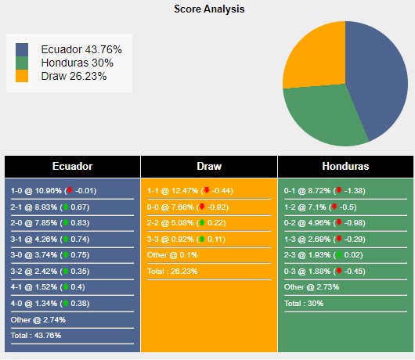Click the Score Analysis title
[208, 9]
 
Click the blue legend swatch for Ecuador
[22, 49]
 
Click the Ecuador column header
[72, 167]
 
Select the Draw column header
[209, 167]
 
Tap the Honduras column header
[345, 167]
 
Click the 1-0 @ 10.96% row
[53, 190]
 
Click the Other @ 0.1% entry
[173, 255]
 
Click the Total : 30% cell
[305, 304]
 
